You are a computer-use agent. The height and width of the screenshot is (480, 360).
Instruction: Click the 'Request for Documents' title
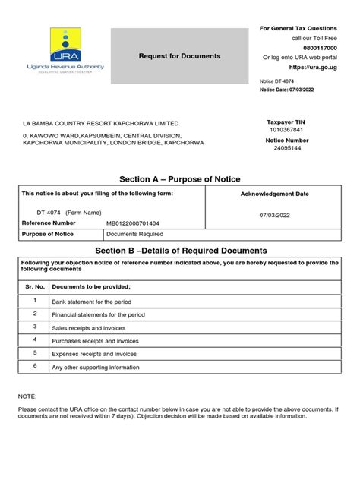[179, 57]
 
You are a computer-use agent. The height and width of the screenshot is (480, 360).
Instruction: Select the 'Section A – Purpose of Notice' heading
[179, 178]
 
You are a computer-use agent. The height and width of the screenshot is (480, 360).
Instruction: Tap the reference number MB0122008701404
[134, 223]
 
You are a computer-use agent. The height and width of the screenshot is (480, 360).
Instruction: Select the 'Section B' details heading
[179, 251]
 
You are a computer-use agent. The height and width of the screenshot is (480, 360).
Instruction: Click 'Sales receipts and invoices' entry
[86, 327]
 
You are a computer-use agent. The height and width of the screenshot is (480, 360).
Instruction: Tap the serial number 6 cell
[34, 365]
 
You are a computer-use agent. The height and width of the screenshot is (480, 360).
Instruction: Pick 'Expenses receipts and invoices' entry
[94, 354]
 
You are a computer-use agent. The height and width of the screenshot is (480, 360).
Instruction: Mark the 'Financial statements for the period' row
[99, 314]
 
